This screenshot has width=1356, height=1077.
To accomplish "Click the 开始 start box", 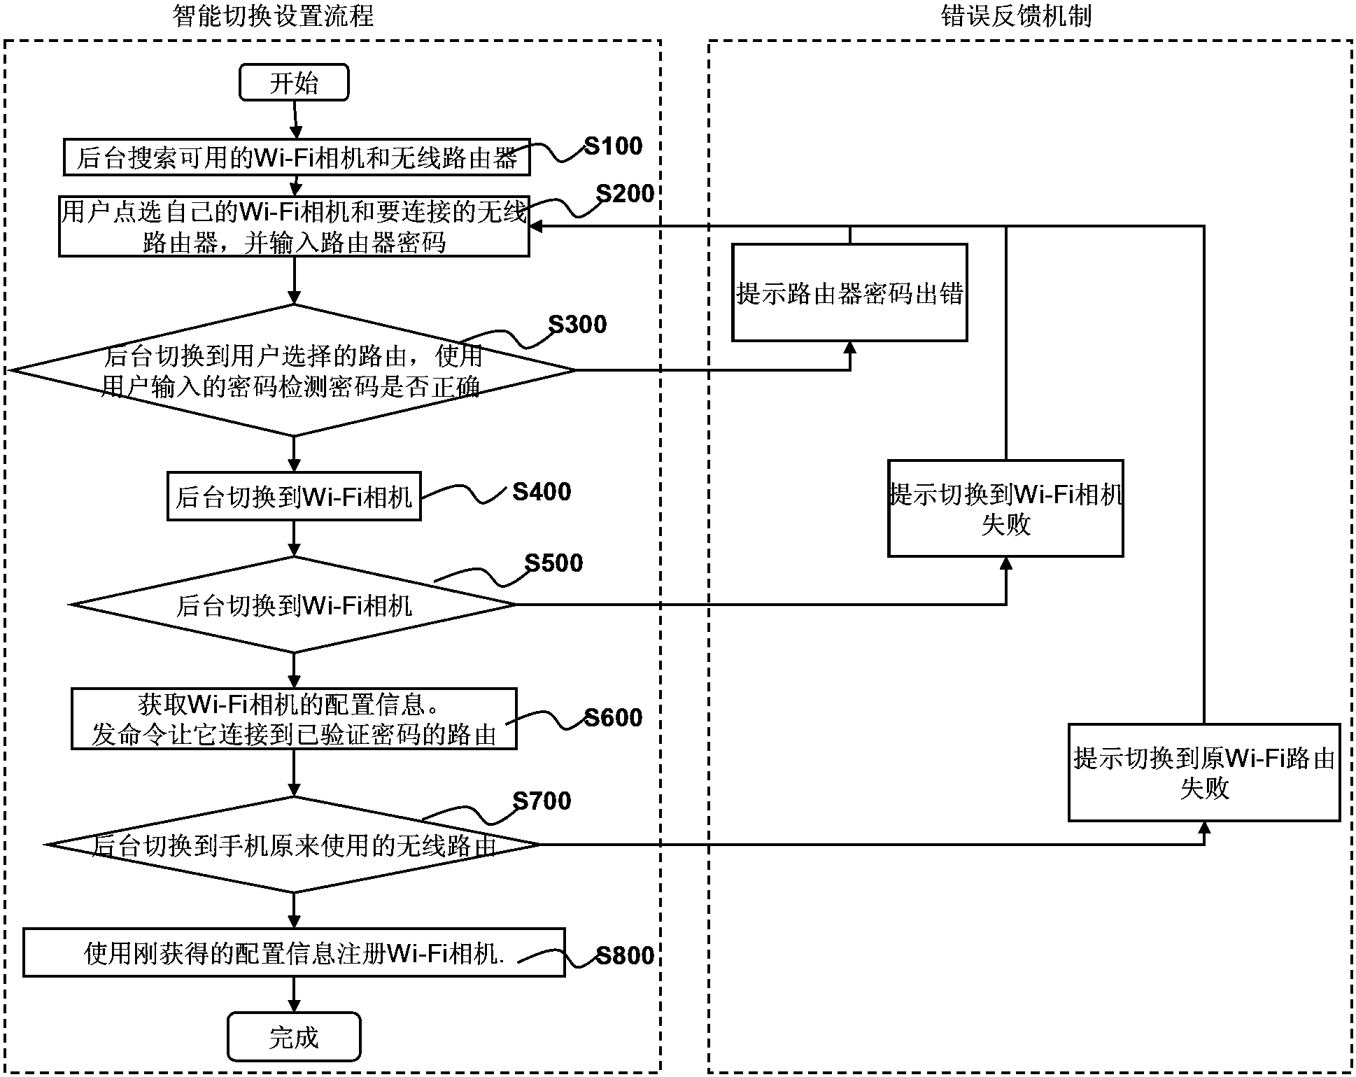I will point(294,83).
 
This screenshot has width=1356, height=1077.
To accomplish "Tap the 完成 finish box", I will point(294,1036).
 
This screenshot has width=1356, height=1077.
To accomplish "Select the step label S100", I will point(613,146).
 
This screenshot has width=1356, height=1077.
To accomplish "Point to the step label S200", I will point(625,194).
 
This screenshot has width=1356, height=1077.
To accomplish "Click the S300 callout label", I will point(577,325).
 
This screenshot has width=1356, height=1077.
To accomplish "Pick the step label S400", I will point(542,492).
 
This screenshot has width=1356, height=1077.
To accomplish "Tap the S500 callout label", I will point(553,563).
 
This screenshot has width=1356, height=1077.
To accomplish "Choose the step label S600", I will point(613,718).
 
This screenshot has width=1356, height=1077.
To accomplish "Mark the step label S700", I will point(542,801).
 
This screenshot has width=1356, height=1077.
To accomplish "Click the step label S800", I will point(625,956).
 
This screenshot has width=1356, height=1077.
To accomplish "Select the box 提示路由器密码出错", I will point(849,293).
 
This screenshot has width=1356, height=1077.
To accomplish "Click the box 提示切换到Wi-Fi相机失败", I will point(1005,509).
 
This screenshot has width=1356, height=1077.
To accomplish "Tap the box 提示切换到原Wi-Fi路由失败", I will point(1203,773).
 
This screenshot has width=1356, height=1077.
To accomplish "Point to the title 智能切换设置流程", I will point(273,15).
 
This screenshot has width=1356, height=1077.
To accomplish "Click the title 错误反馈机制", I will point(1016,15).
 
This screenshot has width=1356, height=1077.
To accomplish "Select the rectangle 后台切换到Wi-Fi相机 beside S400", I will point(294,497).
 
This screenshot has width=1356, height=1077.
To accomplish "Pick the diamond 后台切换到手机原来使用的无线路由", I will point(294,845).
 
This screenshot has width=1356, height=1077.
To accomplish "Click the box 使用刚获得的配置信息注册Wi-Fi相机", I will point(294,952).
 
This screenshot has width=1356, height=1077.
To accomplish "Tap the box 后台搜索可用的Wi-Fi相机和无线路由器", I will point(296,157).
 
